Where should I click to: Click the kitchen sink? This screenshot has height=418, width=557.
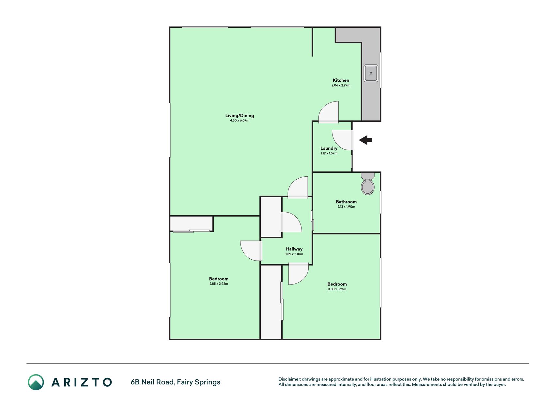pos(371,73)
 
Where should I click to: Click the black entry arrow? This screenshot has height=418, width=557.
pos(366,140)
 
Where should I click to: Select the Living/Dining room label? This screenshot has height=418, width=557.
pos(240,115)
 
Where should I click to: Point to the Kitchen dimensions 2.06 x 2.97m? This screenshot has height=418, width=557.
pos(341,85)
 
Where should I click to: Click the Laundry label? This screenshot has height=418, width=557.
pos(329,148)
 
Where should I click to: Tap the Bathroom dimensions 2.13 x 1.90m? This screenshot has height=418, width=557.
pos(346,207)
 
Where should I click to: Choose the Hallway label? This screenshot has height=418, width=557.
pos(294,249)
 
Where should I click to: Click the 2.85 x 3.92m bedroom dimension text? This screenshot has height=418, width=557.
pos(219,284)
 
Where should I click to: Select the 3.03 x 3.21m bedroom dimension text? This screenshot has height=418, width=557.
pos(337,289)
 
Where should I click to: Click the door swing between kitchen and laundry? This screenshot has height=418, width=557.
pos(329,112)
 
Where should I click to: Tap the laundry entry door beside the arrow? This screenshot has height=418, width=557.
pos(343,140)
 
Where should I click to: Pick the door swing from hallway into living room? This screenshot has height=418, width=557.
pos(298,187)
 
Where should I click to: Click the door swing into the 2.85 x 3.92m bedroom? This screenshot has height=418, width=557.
pos(251,251)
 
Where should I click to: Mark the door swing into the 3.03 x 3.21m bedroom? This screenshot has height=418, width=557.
pos(299,274)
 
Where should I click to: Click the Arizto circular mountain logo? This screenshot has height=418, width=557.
pos(36,382)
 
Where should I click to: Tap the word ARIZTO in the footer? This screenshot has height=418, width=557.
pos(82,382)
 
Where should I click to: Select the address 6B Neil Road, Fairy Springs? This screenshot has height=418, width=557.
pos(176,382)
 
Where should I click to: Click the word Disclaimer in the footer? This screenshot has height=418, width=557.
pos(289,379)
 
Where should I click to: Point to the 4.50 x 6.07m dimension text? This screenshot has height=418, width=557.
pos(240,121)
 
